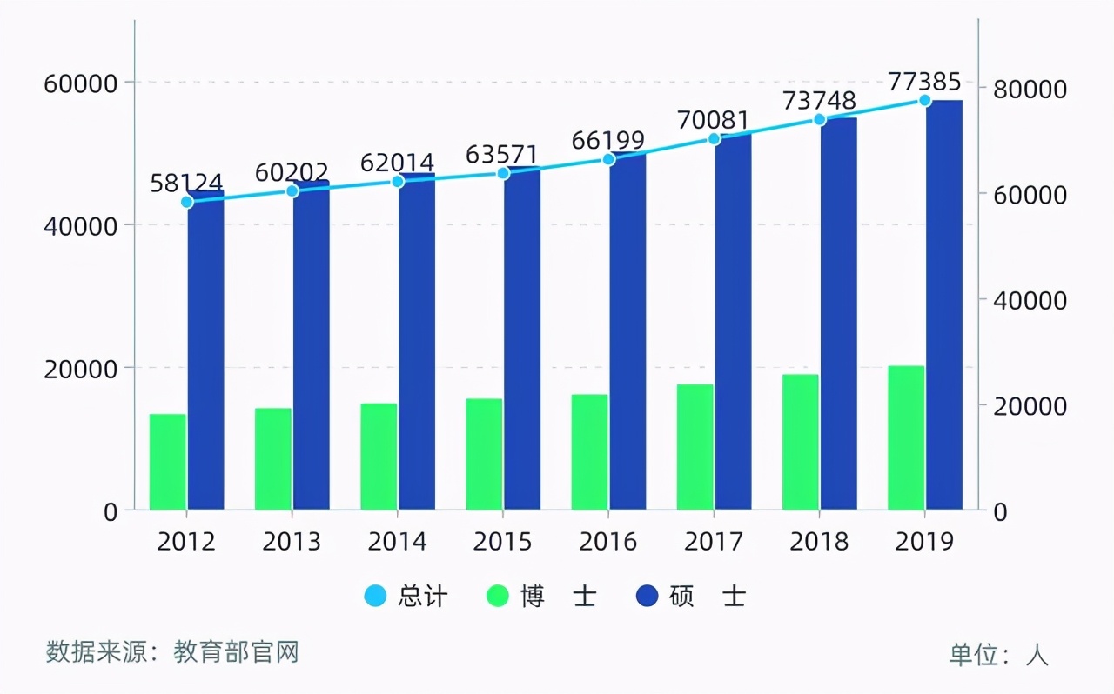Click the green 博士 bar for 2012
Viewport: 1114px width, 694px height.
pos(168,462)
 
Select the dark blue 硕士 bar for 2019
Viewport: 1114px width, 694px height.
pos(944,304)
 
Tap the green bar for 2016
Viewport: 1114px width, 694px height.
pos(589,452)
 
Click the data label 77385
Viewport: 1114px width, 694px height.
pos(924,83)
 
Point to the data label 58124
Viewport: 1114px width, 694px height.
pos(186,184)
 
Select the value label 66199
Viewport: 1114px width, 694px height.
pos(608,141)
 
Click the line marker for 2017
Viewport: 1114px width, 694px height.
pos(714,139)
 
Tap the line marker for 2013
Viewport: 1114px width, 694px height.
pos(292,191)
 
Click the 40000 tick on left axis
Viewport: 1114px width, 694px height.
pos(80,226)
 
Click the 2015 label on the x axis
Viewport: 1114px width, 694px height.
pos(502,542)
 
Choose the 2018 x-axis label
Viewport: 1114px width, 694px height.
pos(819,542)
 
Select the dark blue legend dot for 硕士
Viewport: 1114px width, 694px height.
pos(648,596)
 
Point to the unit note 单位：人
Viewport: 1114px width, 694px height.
pos(998,654)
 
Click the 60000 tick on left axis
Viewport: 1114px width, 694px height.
pos(80,84)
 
